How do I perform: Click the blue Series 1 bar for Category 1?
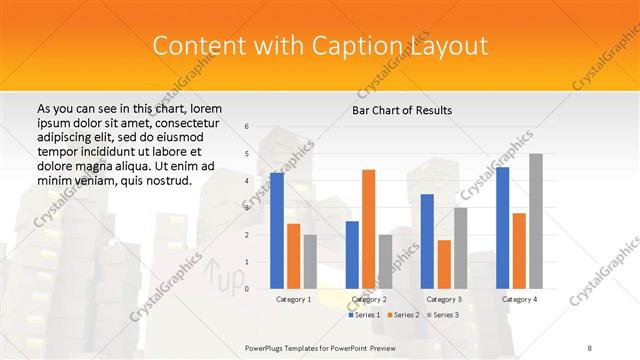point(277,231)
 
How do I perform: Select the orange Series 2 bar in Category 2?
point(369,229)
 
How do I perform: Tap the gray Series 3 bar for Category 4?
point(536,221)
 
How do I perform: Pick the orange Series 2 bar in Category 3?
point(444,264)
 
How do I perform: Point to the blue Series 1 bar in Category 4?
point(502,228)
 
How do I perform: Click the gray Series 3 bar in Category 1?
point(310,262)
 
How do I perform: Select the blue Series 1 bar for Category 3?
point(427,241)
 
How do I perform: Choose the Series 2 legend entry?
point(402,315)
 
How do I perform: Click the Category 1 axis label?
point(293,299)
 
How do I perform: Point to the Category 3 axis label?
point(444,299)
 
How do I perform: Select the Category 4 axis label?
point(519,299)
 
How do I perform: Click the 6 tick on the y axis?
point(247,126)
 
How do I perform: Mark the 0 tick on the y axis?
point(247,289)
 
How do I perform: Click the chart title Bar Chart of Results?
point(402,109)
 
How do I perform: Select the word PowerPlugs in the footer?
point(270,347)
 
